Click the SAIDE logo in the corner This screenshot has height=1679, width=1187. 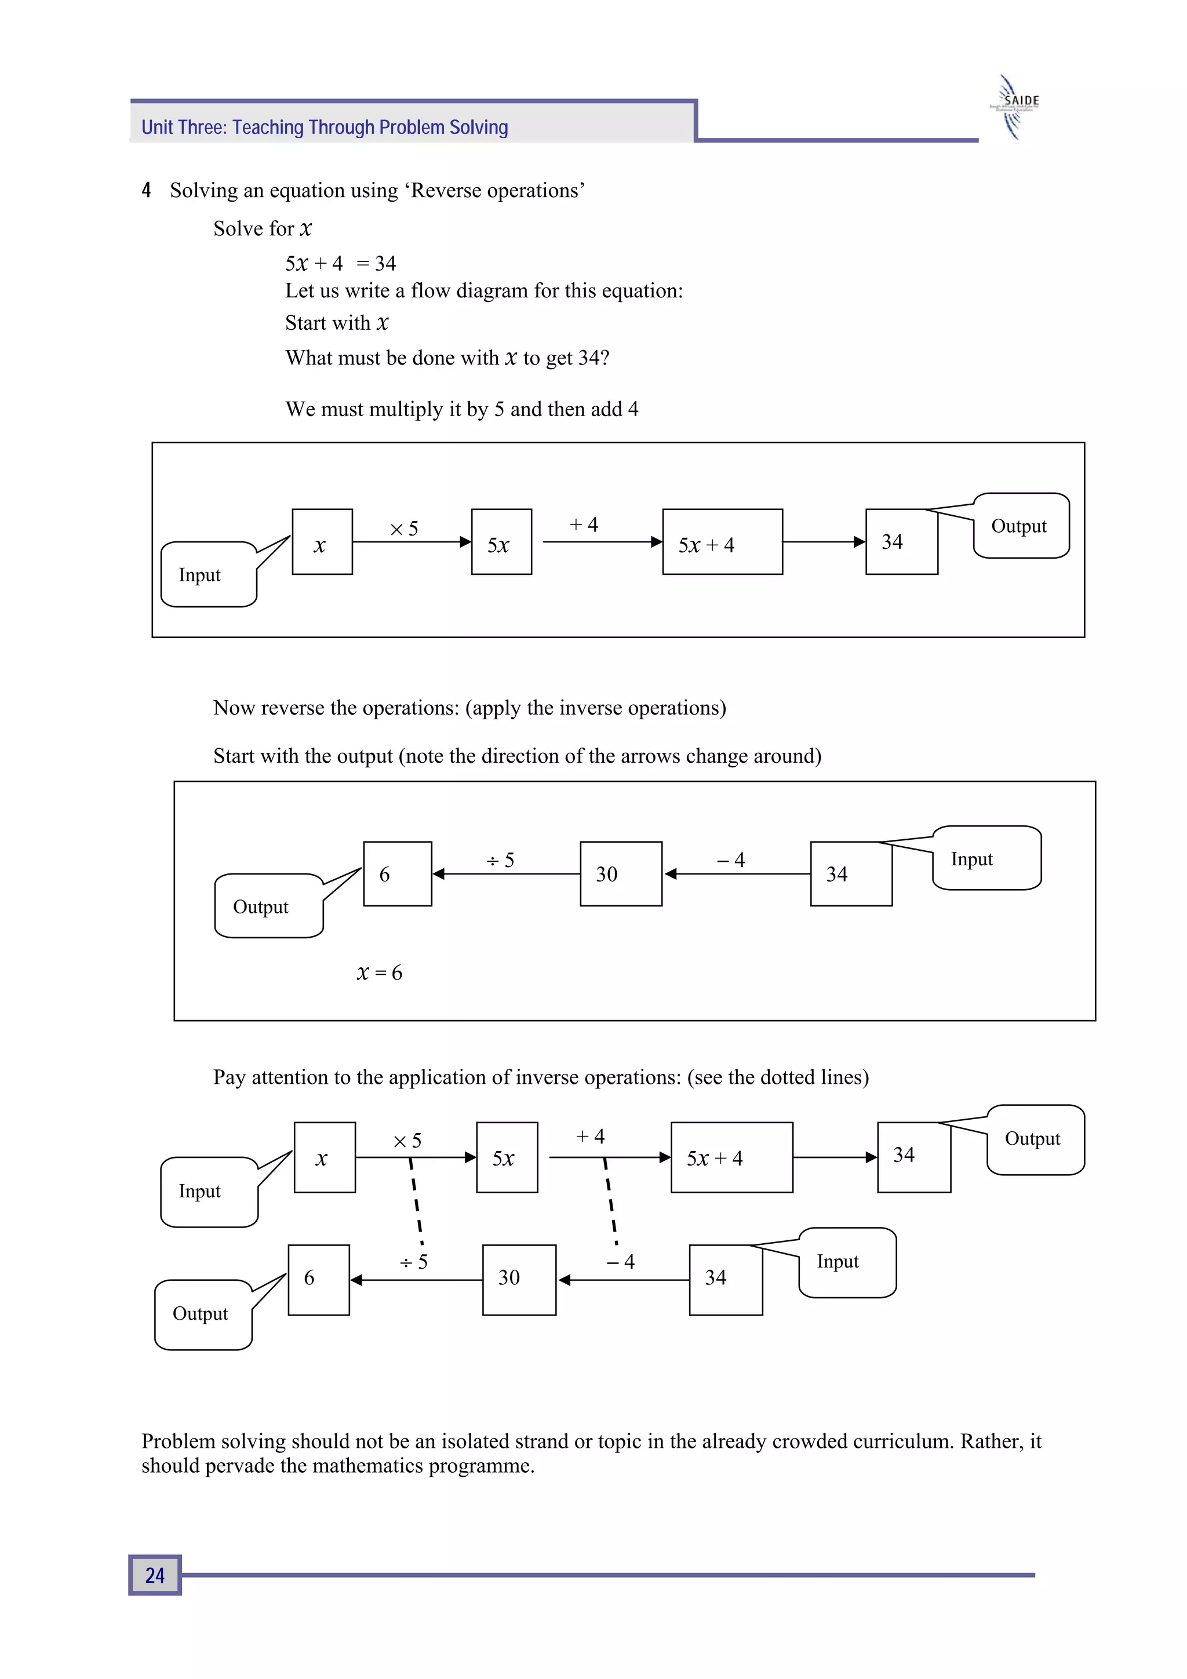(1017, 107)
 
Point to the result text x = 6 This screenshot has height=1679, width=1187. (379, 973)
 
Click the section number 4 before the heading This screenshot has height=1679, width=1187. (146, 190)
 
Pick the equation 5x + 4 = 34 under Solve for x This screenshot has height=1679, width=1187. (340, 263)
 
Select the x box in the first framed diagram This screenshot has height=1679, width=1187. (322, 542)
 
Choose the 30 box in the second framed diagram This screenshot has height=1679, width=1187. (621, 874)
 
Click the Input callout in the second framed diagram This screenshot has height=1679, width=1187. (986, 858)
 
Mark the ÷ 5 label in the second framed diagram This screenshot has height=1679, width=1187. (500, 860)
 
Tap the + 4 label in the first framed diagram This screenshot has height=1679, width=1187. (584, 525)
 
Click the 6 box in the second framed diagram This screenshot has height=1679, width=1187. (397, 874)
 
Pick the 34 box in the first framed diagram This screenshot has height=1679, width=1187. (901, 542)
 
